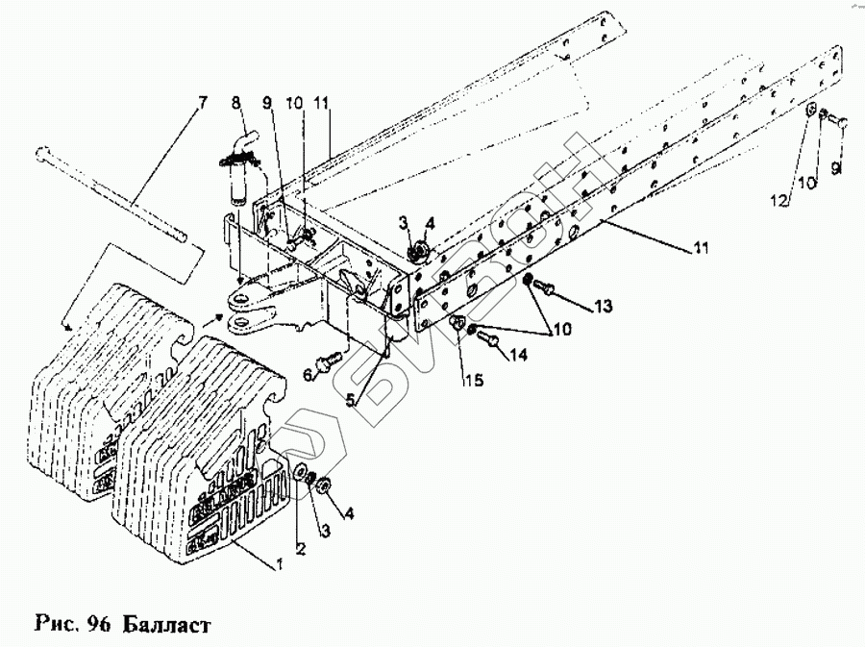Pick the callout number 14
[x=519, y=356]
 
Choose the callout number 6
[x=309, y=372]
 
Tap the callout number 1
[x=280, y=564]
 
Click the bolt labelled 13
[x=546, y=286]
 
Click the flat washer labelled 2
[x=300, y=472]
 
